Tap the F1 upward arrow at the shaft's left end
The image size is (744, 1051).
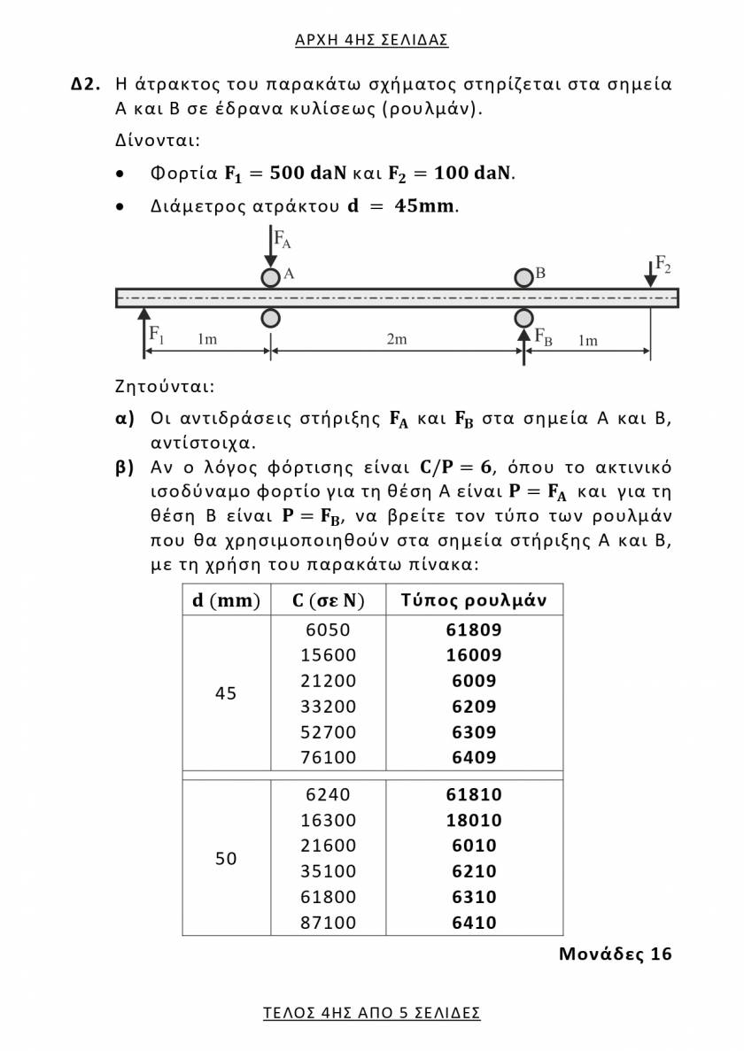[x=143, y=332]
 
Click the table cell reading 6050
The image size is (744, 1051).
[x=328, y=630]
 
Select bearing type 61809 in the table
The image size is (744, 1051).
[x=474, y=630]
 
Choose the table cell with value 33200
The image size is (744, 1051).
[x=328, y=707]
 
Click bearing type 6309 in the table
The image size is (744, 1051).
[x=474, y=732]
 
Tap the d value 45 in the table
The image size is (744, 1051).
[x=226, y=693]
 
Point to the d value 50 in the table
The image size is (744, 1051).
[x=226, y=858]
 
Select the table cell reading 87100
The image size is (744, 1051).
[x=328, y=923]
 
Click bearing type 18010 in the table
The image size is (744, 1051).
[x=474, y=821]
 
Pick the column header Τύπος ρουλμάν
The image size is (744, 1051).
[x=474, y=600]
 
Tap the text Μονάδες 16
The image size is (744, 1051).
[x=615, y=954]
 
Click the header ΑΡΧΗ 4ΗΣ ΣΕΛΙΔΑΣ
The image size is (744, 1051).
[x=372, y=40]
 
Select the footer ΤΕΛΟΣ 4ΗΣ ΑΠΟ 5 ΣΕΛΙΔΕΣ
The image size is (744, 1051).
[x=372, y=1013]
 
